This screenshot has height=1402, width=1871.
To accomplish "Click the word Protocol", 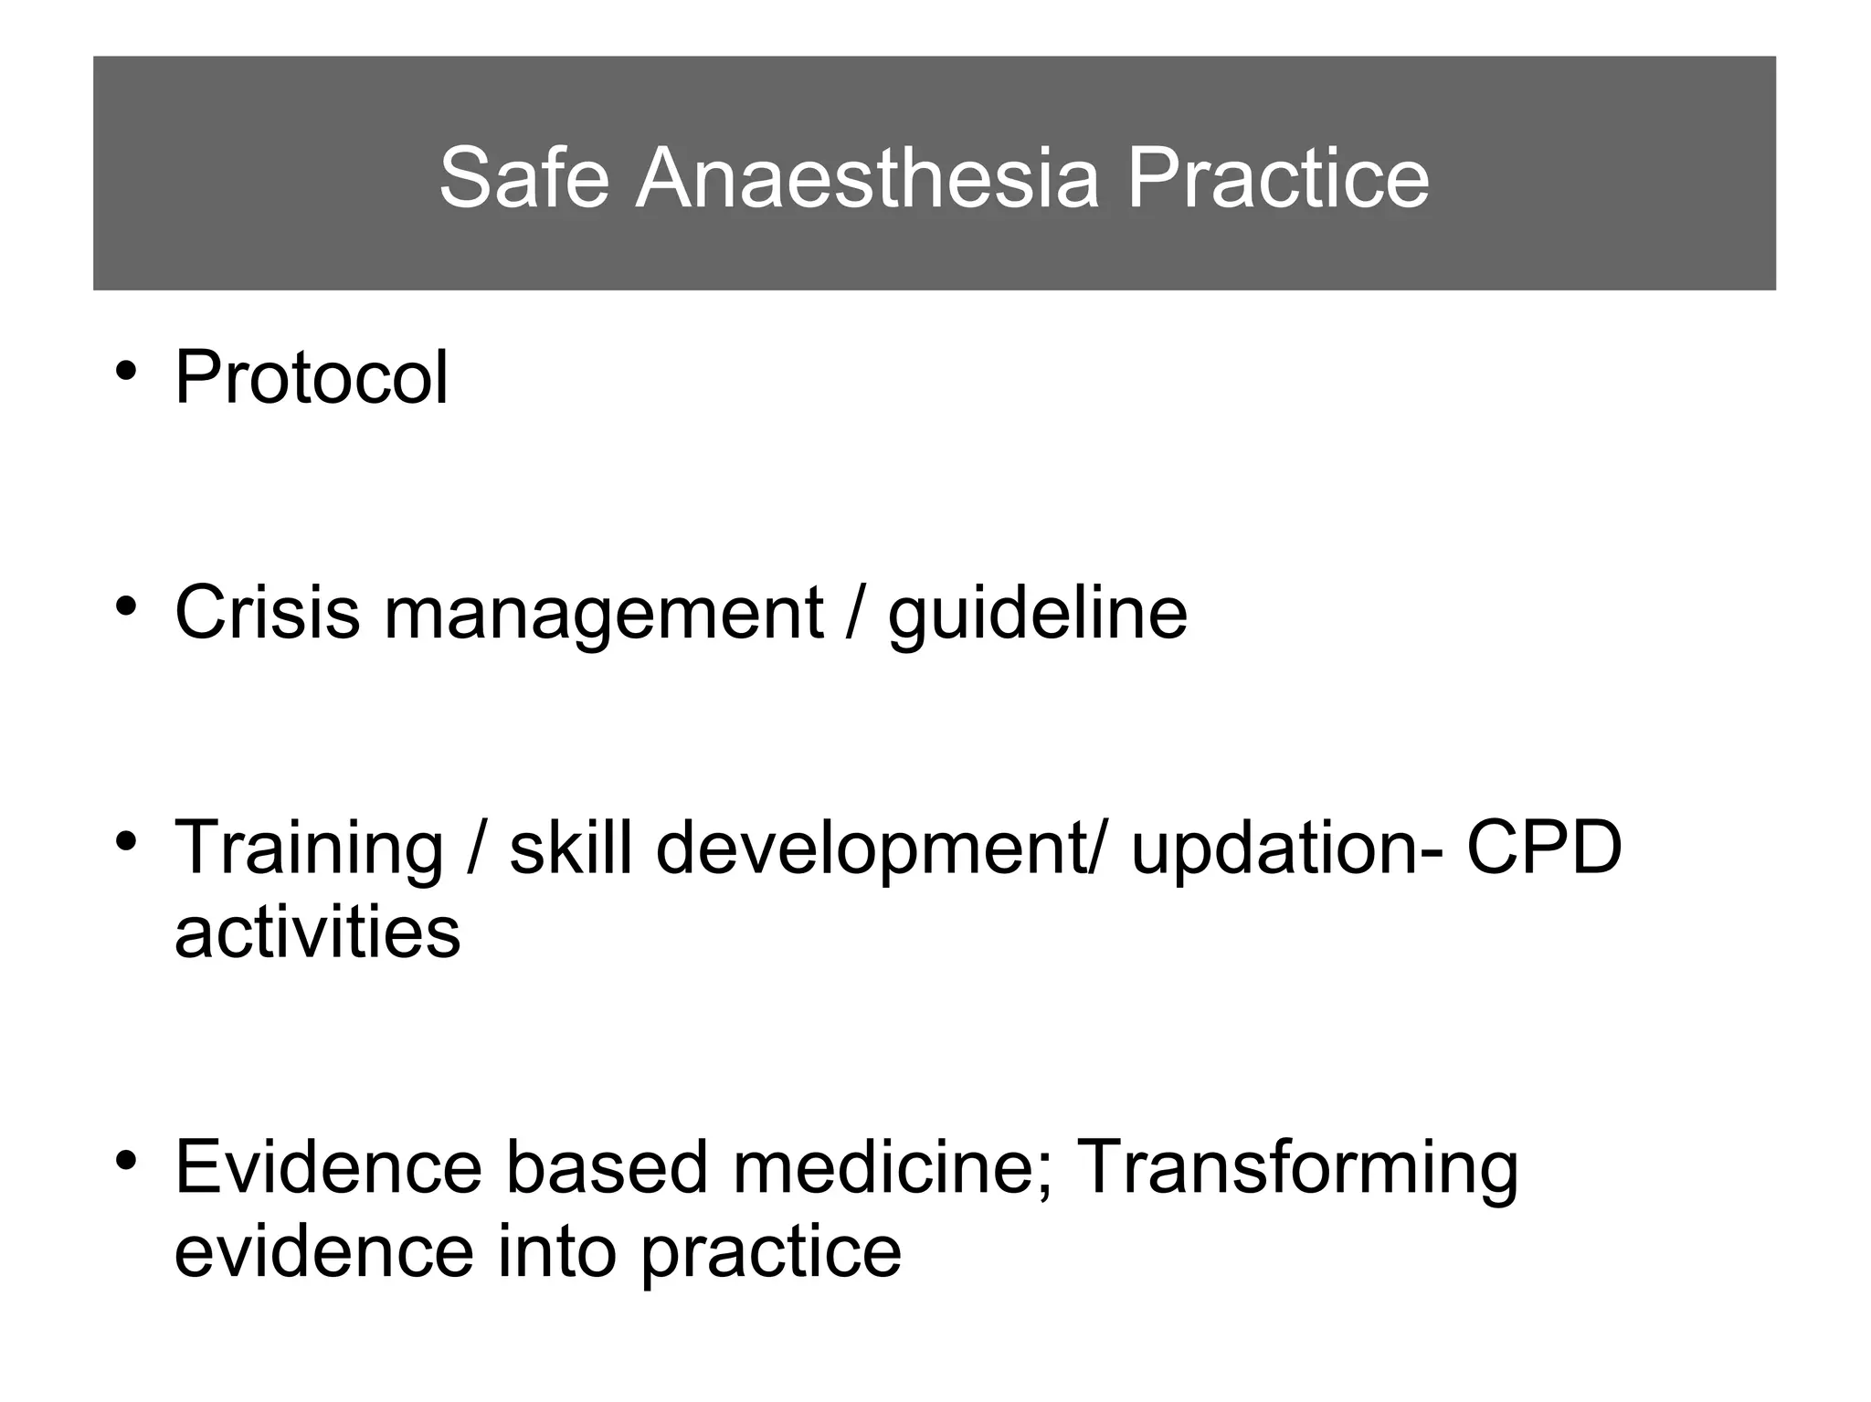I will pyautogui.click(x=311, y=377).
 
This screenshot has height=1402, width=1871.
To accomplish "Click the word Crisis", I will pyautogui.click(x=267, y=612).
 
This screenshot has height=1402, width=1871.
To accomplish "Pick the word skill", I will pyautogui.click(x=571, y=847).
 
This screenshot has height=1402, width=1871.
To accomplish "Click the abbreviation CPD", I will pyautogui.click(x=1544, y=847).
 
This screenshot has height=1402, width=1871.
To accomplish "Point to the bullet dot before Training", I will pyautogui.click(x=126, y=838).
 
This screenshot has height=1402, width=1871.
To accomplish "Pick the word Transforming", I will pyautogui.click(x=1298, y=1170).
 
